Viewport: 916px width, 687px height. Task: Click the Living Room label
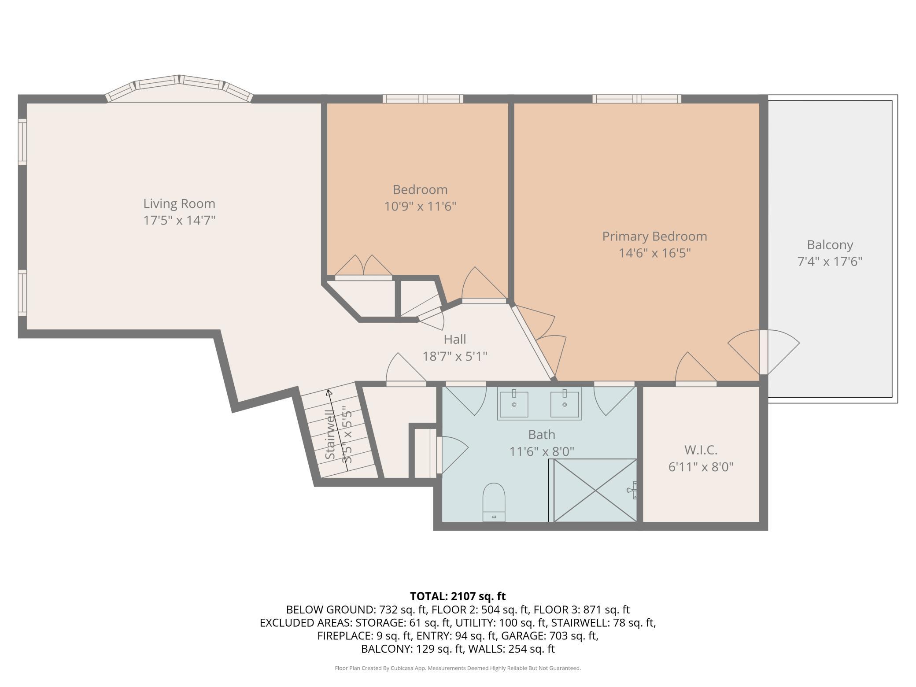[179, 203]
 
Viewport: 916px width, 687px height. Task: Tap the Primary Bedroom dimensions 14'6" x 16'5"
[654, 253]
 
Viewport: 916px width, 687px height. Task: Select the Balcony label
[830, 245]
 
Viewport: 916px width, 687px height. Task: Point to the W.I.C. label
[701, 450]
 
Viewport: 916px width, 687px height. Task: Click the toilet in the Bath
[494, 502]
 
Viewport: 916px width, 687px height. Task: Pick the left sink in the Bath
[514, 403]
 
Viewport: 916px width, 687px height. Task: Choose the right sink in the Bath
[564, 403]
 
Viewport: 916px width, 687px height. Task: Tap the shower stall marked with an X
[595, 490]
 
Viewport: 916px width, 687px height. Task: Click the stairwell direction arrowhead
[329, 392]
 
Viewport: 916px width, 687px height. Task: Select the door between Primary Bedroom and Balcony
[764, 352]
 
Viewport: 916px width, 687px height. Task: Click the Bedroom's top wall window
[423, 99]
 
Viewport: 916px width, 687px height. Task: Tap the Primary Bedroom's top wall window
[637, 99]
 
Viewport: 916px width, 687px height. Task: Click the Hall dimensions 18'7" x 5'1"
[455, 356]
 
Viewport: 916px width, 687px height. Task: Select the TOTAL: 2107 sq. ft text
[458, 596]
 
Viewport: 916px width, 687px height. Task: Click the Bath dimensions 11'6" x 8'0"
[542, 451]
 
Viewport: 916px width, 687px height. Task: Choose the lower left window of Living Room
[22, 293]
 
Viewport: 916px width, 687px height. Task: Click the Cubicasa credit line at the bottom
[458, 668]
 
